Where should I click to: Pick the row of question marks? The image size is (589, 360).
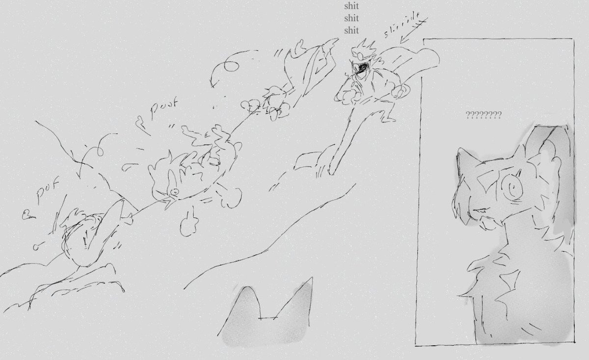pos(483,116)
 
